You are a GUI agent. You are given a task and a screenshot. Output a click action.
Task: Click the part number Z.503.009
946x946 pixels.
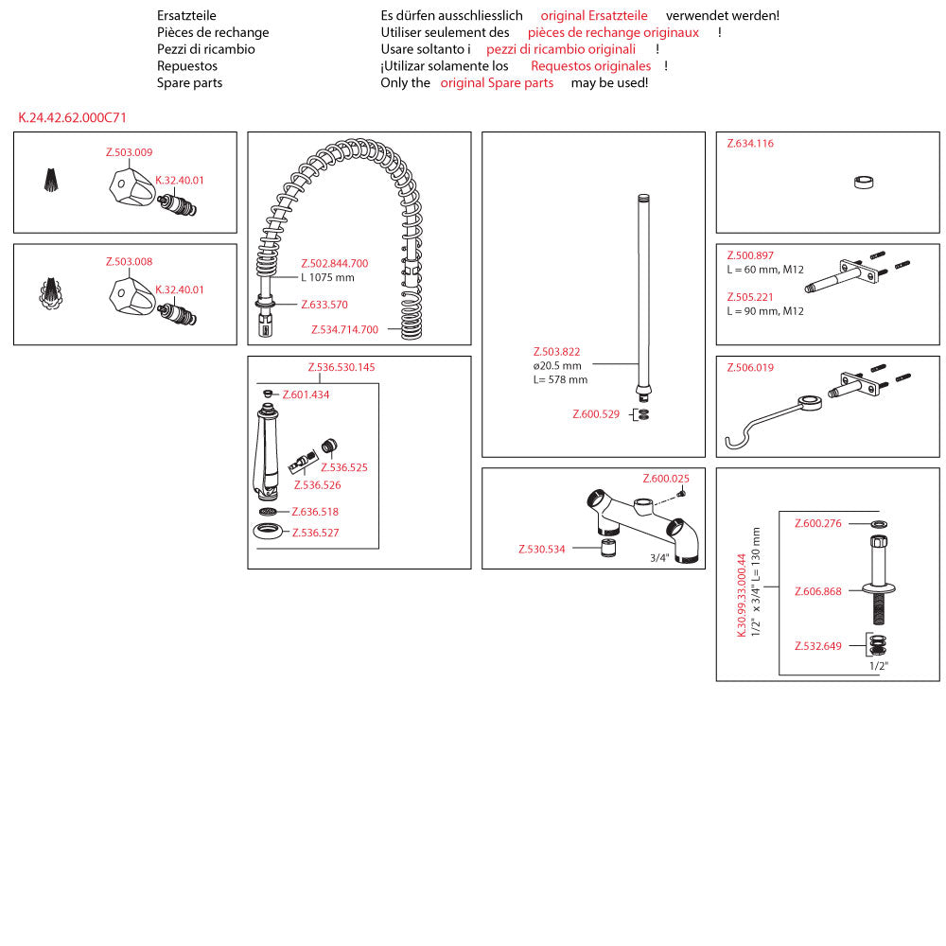click(x=129, y=152)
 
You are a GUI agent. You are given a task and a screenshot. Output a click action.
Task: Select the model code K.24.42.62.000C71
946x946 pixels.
click(x=72, y=118)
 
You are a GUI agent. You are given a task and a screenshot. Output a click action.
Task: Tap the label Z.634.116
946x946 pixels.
click(x=750, y=144)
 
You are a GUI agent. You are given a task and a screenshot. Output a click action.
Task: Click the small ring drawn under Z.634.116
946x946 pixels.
click(x=863, y=184)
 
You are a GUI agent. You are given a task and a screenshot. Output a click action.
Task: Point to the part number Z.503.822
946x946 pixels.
click(x=557, y=352)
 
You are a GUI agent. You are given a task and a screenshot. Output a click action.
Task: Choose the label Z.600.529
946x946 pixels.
click(x=596, y=414)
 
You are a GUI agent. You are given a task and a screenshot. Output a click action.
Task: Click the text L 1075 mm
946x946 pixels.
click(x=327, y=278)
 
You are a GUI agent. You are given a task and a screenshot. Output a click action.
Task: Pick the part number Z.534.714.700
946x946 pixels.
click(x=344, y=330)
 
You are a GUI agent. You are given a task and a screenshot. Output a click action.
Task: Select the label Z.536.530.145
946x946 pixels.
click(x=342, y=367)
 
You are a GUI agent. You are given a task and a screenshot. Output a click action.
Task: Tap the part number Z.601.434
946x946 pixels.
click(x=306, y=394)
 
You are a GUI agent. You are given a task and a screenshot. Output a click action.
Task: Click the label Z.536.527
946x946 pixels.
click(x=315, y=533)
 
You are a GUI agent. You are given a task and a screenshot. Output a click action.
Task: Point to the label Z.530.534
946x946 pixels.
click(x=541, y=550)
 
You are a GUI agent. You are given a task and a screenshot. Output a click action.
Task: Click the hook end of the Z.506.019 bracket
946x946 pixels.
click(x=731, y=442)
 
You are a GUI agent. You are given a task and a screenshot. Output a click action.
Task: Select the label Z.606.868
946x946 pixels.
click(x=817, y=591)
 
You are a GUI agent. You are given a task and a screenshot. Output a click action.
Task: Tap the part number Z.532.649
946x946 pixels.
click(x=817, y=646)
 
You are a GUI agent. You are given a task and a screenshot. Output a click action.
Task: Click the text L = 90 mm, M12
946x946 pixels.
click(x=764, y=311)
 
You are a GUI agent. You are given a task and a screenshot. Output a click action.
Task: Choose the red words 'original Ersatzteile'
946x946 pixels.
click(x=594, y=16)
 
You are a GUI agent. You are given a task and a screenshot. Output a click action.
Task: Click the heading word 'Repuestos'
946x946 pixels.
click(x=187, y=66)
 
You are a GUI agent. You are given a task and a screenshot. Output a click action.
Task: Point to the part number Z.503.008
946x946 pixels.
click(x=129, y=262)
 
